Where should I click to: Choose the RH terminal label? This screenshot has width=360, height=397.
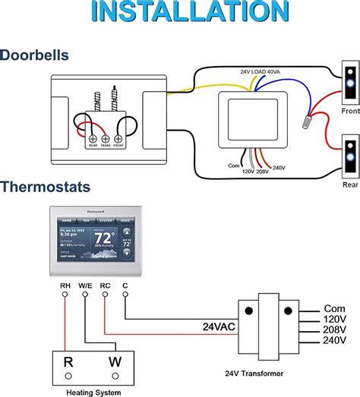(65, 286)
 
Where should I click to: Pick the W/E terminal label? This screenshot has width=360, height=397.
(86, 286)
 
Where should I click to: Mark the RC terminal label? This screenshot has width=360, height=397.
(106, 286)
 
